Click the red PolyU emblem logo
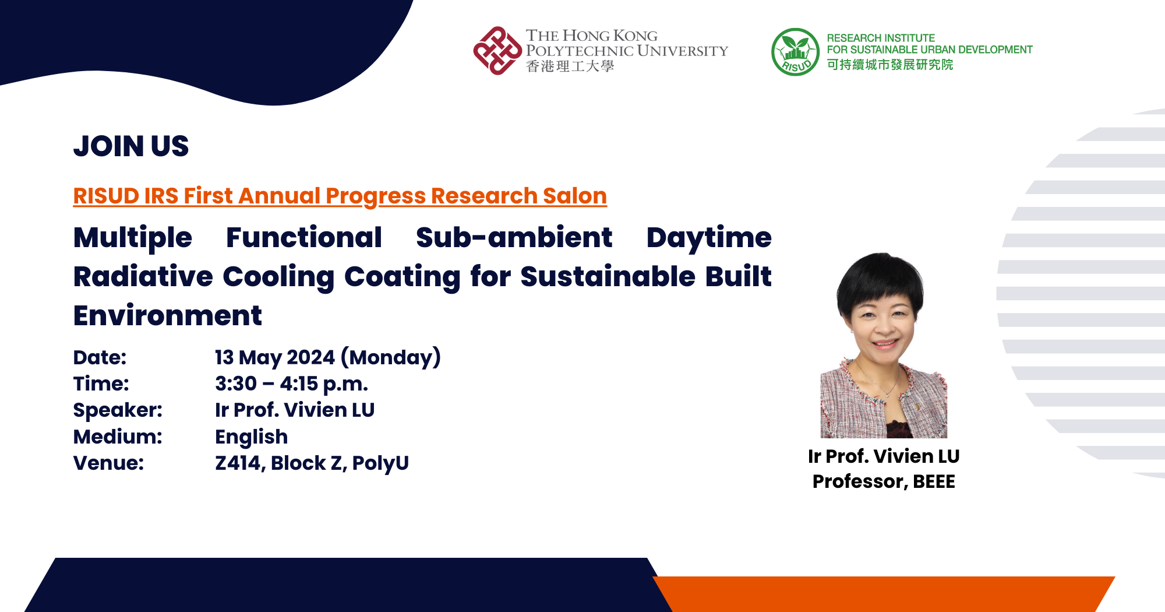coord(497,51)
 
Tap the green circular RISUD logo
coord(795,52)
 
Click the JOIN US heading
coord(131,146)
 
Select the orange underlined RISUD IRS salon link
coord(340,196)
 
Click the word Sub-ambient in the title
coord(514,238)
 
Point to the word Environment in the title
coord(168,316)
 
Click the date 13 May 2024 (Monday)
coord(328,357)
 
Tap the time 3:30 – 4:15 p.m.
coord(291,384)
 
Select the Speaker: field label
coord(118,410)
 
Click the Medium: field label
coord(118,437)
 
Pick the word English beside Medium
coord(252,437)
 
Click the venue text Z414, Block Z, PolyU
coord(312,463)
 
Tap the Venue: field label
coord(108,463)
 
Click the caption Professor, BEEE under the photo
coord(884,482)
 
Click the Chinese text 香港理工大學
coord(570,66)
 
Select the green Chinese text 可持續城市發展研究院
coord(890,65)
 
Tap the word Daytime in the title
coord(709,238)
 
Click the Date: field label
coord(100,357)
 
